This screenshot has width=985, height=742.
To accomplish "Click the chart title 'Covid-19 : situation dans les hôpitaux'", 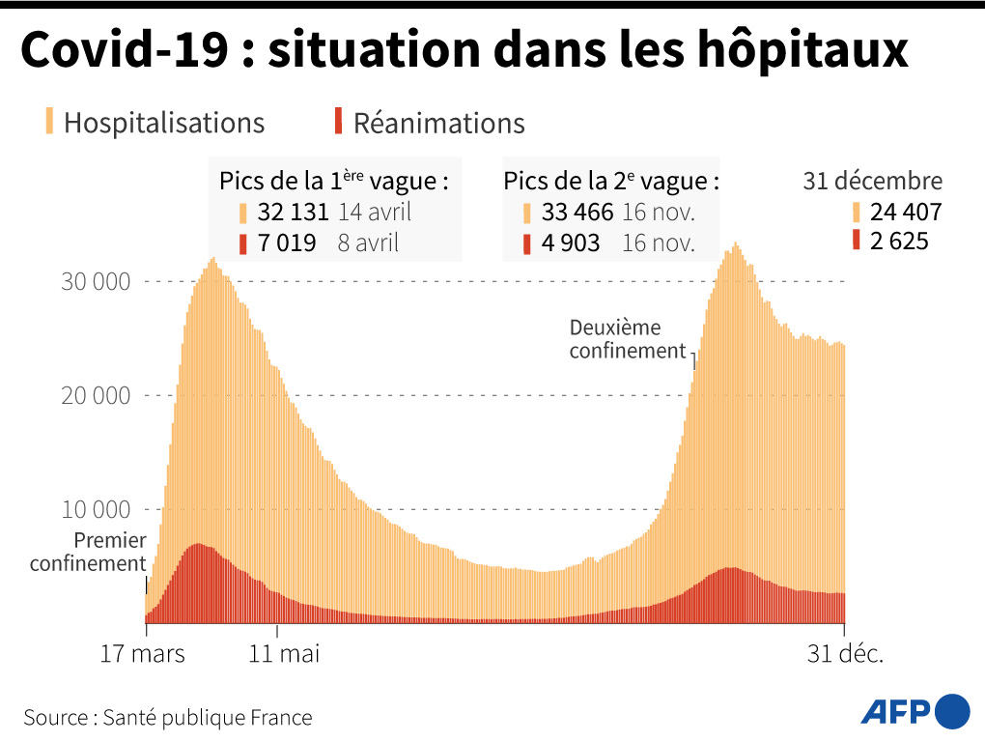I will coord(464,50).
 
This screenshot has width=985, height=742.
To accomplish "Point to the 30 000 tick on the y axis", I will coord(95,282).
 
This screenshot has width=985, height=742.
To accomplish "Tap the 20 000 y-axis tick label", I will coord(95,396).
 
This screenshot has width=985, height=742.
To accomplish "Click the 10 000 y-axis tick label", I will coord(95,510).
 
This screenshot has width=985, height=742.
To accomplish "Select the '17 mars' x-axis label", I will coord(142,654).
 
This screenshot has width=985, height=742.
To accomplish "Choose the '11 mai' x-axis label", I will coord(284,654).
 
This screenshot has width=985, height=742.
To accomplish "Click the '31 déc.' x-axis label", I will coord(846,654).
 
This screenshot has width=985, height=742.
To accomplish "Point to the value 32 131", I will coord(293,212).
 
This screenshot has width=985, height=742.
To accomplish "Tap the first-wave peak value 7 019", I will coord(286,243).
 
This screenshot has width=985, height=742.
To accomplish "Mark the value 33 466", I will coord(577,212).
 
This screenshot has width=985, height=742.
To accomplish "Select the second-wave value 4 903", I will coord(571,243).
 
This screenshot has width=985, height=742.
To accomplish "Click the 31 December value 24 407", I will coord(905,212).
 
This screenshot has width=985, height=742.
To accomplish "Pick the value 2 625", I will coord(899,241).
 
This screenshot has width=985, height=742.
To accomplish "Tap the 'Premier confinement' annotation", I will coord(88,552).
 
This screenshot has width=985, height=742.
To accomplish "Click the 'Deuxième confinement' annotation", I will coord(627,339).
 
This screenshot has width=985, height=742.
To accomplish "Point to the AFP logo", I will coord(915,712).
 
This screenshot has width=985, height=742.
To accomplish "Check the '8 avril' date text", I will coord(368,243).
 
